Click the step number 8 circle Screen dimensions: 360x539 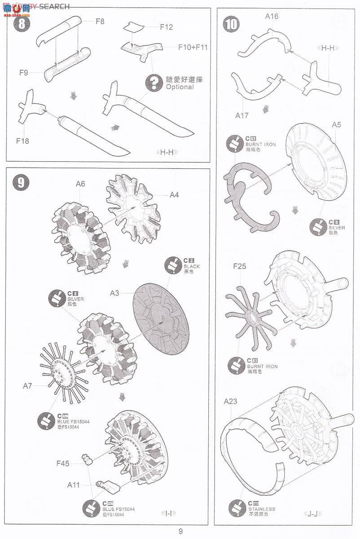pos(20,23)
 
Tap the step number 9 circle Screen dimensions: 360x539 pos(20,181)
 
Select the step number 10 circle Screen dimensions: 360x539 pos(232,23)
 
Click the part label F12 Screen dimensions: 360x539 pos(166,27)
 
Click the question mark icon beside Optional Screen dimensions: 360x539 pos(154,83)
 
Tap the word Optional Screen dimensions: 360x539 pos(180,87)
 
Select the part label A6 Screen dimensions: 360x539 pos(80,183)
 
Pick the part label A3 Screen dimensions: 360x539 pos(115,293)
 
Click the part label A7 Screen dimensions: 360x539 pos(28,385)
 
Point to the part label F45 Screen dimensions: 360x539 pos(62,464)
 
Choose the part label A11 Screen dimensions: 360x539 pos(74,485)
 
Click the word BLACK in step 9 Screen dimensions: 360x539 pos(192,266)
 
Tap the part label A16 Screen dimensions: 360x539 pos(272,17)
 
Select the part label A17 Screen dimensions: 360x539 pos(242,115)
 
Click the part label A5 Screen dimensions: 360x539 pos(337,125)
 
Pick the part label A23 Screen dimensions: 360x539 pos(230,401)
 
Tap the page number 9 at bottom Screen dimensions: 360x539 pos(180,531)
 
